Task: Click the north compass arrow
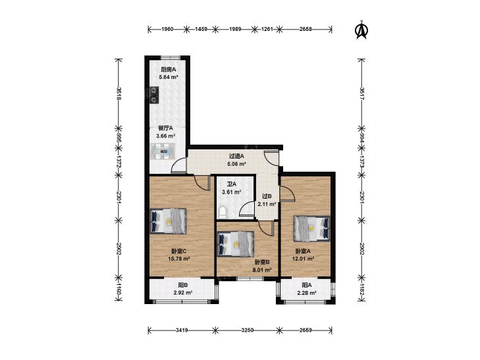point(361,30)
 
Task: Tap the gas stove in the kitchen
point(153,95)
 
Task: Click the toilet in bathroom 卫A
point(222,212)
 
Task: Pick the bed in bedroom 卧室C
point(168,221)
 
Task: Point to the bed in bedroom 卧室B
point(236,244)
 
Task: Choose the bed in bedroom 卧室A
point(311,229)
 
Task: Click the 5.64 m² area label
point(169,78)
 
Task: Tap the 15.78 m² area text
point(179,259)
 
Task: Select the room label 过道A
point(236,156)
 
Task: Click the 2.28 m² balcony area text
point(306,293)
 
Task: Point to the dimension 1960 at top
point(167,30)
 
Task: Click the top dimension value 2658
point(306,30)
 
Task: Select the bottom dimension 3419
point(182,330)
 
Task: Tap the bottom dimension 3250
point(248,330)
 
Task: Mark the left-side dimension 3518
point(119,93)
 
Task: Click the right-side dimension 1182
point(362,290)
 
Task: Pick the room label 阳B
point(183,285)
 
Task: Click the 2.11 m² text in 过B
point(267,204)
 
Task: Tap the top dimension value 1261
point(266,30)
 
